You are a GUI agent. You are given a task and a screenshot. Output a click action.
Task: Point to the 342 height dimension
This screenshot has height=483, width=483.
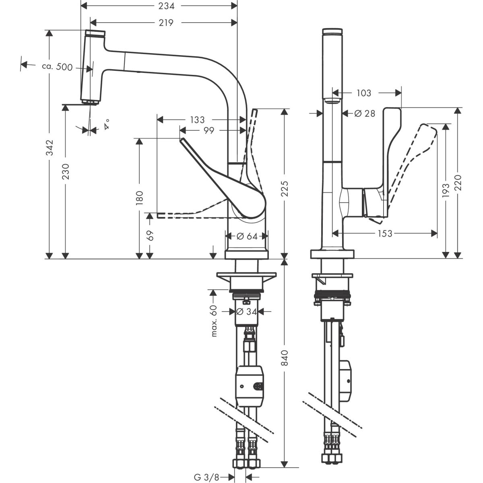click(49, 148)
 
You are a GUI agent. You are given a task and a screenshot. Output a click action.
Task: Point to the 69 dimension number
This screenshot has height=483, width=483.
click(150, 235)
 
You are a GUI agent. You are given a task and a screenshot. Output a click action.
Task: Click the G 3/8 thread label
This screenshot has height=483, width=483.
click(207, 477)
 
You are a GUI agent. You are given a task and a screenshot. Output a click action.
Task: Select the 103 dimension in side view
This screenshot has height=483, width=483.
click(363, 93)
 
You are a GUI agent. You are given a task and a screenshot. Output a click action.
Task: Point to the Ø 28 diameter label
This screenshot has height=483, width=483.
click(364, 114)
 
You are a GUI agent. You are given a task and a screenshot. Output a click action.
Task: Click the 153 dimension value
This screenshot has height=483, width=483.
click(385, 233)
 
